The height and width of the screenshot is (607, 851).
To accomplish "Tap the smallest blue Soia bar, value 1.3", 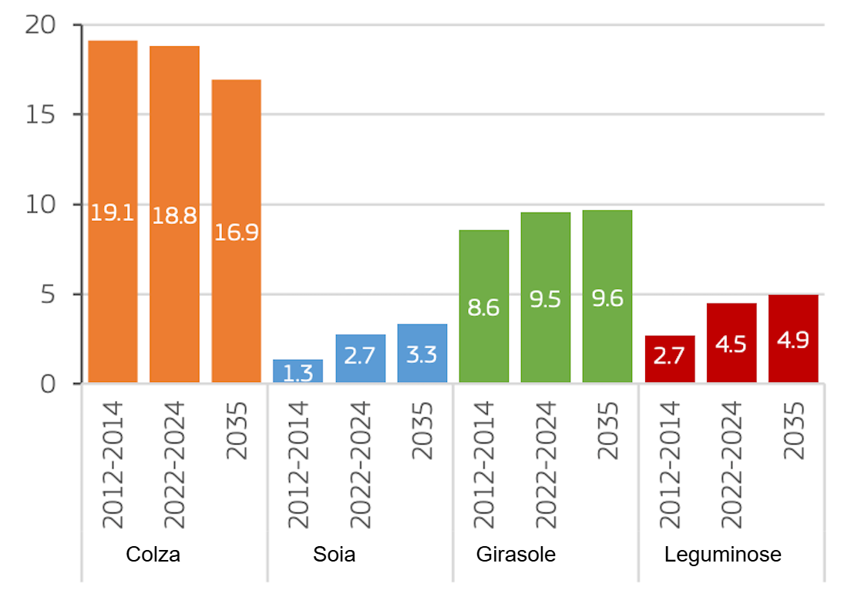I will tap(298, 371).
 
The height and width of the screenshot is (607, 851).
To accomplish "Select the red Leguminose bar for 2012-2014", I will tap(670, 359).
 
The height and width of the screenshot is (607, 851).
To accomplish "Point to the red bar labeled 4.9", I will tap(793, 339).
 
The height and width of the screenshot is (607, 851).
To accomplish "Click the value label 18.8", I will tap(174, 216).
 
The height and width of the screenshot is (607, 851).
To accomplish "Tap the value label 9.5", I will tap(546, 300).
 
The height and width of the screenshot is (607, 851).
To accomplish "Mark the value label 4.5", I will tap(731, 344).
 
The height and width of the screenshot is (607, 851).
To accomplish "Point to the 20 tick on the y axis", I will tap(43, 25).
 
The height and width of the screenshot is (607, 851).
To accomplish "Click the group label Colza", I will tap(153, 555).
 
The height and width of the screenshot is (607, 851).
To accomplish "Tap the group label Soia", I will tap(335, 555).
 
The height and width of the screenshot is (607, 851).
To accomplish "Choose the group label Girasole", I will tap(516, 555).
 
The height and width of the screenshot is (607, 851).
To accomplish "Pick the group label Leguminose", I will tap(723, 555).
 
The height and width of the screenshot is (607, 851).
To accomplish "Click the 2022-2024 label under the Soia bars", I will tap(361, 464).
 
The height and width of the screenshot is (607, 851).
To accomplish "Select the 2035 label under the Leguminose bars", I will tap(793, 431).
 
